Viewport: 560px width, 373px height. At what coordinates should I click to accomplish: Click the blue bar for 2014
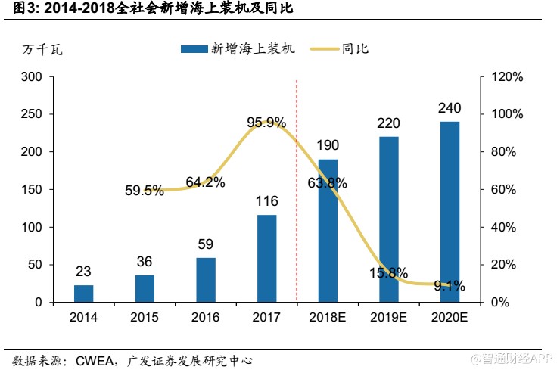click(84, 294)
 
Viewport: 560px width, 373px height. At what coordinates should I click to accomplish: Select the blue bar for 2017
click(267, 258)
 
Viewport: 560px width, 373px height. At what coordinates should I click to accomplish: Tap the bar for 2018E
click(328, 231)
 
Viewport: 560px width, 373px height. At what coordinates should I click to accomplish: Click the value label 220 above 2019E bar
click(388, 123)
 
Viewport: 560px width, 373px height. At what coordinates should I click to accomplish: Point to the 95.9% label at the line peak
click(266, 122)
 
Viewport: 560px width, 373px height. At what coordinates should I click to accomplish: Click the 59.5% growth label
click(145, 191)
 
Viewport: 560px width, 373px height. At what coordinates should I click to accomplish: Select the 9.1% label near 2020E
click(450, 286)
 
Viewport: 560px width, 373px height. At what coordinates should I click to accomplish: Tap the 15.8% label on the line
click(389, 272)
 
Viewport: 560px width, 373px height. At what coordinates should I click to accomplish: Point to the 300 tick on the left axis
click(32, 77)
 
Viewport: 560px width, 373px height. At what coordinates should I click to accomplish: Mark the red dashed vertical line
click(297, 189)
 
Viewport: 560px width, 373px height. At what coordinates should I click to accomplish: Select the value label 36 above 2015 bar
click(145, 262)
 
